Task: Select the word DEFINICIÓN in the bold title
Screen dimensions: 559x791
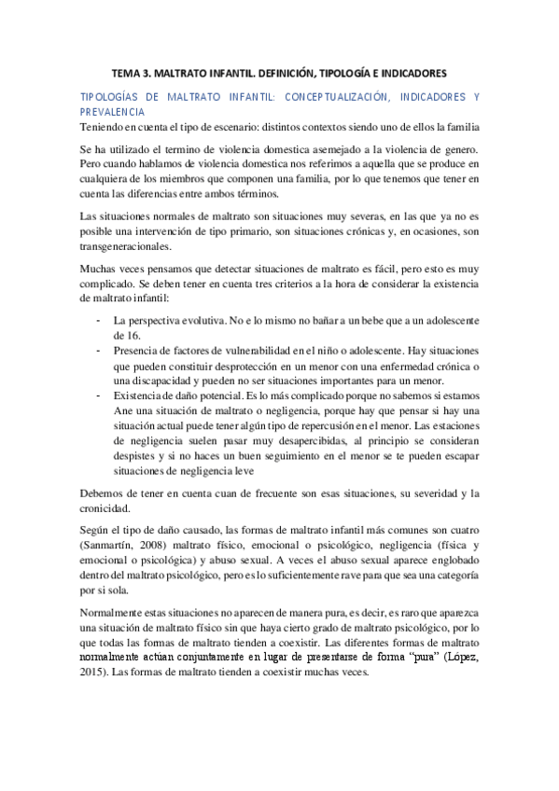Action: (x=303, y=71)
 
